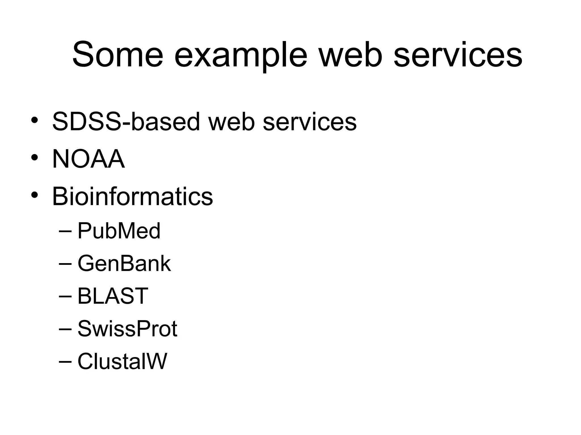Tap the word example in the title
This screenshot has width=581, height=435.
pyautogui.click(x=241, y=55)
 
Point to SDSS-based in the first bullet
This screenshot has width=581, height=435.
pyautogui.click(x=126, y=121)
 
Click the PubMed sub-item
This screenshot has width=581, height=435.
pyautogui.click(x=119, y=231)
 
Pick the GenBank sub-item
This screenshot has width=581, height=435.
pyautogui.click(x=124, y=264)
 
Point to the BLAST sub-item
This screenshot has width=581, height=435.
pyautogui.click(x=113, y=296)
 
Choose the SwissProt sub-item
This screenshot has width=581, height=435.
pyautogui.click(x=127, y=329)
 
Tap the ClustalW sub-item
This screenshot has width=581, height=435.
pyautogui.click(x=122, y=361)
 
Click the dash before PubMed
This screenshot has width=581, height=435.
pyautogui.click(x=66, y=232)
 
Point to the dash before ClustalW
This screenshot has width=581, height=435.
pyautogui.click(x=66, y=362)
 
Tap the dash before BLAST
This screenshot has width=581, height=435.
pyautogui.click(x=66, y=297)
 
